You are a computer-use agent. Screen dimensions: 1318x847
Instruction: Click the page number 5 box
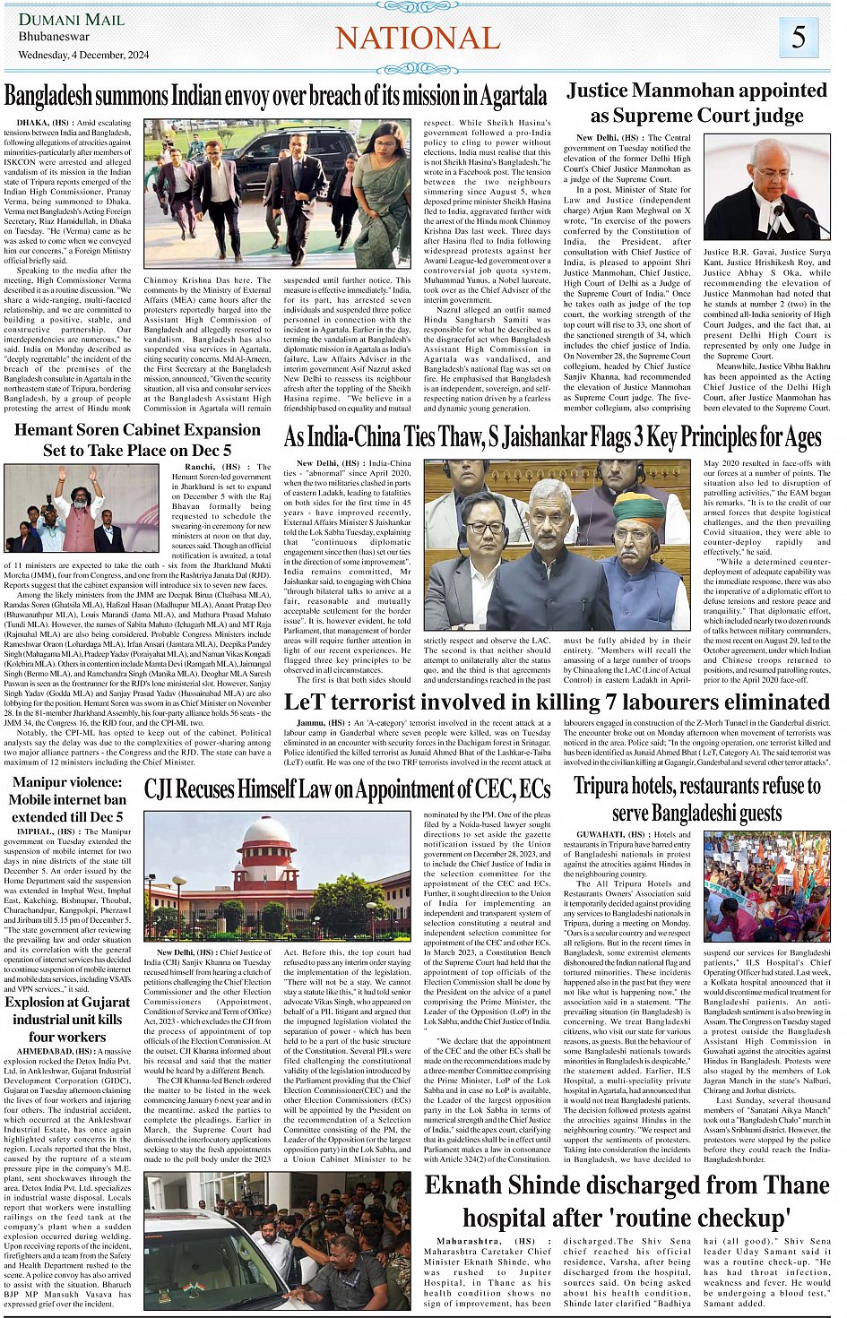pos(798,38)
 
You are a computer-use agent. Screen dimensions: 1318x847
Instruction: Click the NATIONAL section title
pos(417,38)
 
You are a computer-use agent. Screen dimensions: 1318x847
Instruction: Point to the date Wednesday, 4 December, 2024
pos(83,55)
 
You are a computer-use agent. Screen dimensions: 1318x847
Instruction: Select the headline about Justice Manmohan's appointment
pos(696,102)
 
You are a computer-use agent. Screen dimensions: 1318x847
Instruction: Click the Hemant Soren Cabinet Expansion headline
pos(137,439)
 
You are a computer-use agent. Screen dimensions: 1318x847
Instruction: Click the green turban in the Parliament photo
pos(638,508)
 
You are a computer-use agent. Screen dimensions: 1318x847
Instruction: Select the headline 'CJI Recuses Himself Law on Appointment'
pos(347,788)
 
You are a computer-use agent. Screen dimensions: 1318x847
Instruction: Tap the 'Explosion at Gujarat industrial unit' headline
pos(67,1019)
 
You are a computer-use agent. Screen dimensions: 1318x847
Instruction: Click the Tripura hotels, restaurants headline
pos(696,799)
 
